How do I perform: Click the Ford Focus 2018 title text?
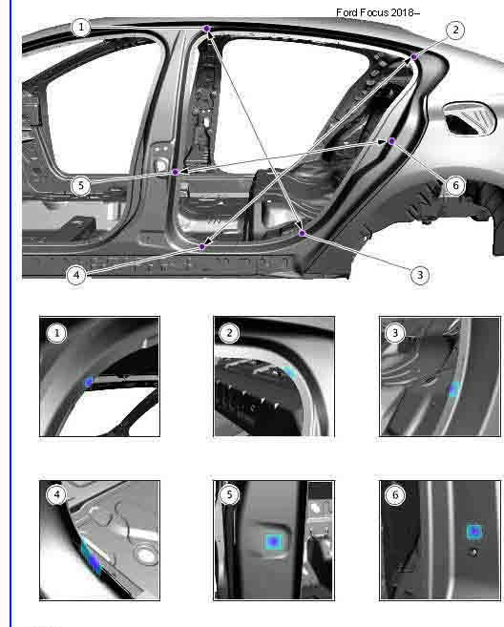378,12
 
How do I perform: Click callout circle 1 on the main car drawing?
81,27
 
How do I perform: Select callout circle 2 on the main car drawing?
455,31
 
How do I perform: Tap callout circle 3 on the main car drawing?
420,275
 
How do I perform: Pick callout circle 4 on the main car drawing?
76,275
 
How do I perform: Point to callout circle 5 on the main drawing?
81,186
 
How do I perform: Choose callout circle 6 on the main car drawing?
455,185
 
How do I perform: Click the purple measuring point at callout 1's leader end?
207,29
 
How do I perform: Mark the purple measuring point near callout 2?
414,56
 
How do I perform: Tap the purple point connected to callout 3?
303,233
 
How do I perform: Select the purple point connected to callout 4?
202,247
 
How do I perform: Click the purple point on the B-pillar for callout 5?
176,172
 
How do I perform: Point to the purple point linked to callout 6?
391,141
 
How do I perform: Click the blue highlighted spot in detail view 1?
89,383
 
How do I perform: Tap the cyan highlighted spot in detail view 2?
289,373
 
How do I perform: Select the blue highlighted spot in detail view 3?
454,389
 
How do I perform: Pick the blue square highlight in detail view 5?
274,542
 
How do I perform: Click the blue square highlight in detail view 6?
474,532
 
